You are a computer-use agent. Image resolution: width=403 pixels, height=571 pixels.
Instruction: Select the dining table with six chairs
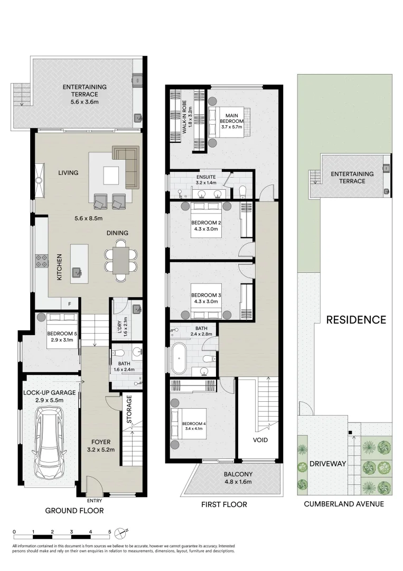(121, 261)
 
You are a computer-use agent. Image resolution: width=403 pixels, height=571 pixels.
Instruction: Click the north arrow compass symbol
(123, 531)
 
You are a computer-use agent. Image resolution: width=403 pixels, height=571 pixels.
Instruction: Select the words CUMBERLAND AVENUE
(344, 504)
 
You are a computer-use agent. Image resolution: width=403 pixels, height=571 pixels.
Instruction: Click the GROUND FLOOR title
(74, 511)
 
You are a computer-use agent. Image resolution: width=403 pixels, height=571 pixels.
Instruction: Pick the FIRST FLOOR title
(224, 504)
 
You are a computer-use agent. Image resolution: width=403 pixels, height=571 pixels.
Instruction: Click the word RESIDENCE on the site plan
(355, 320)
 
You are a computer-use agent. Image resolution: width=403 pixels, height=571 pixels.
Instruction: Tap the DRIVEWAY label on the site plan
(327, 464)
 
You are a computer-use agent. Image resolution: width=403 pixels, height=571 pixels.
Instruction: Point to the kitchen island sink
(77, 272)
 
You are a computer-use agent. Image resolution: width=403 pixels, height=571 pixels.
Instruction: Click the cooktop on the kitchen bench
(42, 260)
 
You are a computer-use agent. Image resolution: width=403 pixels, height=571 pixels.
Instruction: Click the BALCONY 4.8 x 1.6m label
(238, 478)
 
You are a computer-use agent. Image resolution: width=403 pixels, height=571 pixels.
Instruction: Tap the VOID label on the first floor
(260, 440)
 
